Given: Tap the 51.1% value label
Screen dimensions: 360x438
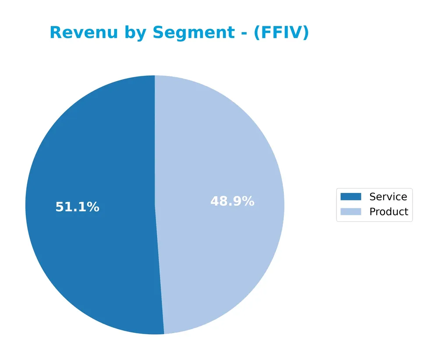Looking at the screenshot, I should click(x=78, y=207).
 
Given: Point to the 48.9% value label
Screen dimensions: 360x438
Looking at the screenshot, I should click(x=232, y=201).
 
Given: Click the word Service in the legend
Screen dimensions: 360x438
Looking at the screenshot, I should click(x=388, y=196).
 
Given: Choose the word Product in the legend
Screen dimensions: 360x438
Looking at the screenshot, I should click(x=389, y=212).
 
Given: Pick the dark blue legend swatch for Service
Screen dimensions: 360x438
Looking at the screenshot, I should click(x=351, y=196).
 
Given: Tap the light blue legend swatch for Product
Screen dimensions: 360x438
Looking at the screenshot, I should click(x=351, y=212).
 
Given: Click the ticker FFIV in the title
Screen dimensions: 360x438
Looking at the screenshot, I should click(x=282, y=33).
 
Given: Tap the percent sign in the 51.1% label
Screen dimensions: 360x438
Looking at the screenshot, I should click(x=93, y=207).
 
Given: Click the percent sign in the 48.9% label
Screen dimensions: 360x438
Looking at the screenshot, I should click(x=248, y=201).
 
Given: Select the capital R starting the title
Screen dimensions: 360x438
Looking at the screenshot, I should click(x=56, y=33).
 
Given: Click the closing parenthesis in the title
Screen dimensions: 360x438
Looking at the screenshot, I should click(x=306, y=33).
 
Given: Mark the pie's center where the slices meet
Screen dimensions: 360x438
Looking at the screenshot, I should click(x=155, y=205).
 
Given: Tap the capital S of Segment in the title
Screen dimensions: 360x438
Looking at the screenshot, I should click(x=158, y=33).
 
